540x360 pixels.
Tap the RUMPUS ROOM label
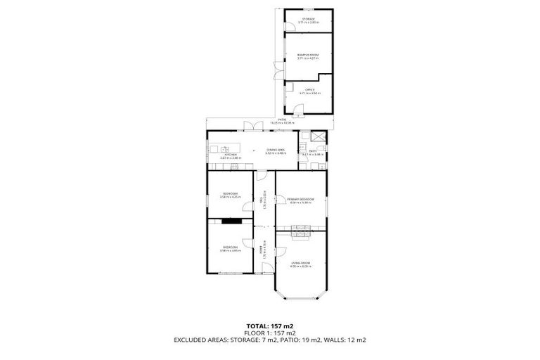pyautogui.click(x=308, y=56)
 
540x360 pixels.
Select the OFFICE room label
pyautogui.click(x=309, y=91)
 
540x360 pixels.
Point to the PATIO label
pyautogui.click(x=281, y=121)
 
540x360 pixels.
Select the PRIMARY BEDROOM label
pyautogui.click(x=300, y=200)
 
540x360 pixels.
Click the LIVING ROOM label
pyautogui.click(x=300, y=264)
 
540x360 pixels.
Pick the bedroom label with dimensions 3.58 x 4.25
pyautogui.click(x=230, y=195)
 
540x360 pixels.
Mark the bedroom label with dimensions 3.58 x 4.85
pyautogui.click(x=230, y=248)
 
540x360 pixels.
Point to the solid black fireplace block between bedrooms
pyautogui.click(x=231, y=221)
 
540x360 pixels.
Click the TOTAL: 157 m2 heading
pyautogui.click(x=270, y=326)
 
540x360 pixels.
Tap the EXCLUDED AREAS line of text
pyautogui.click(x=270, y=340)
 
